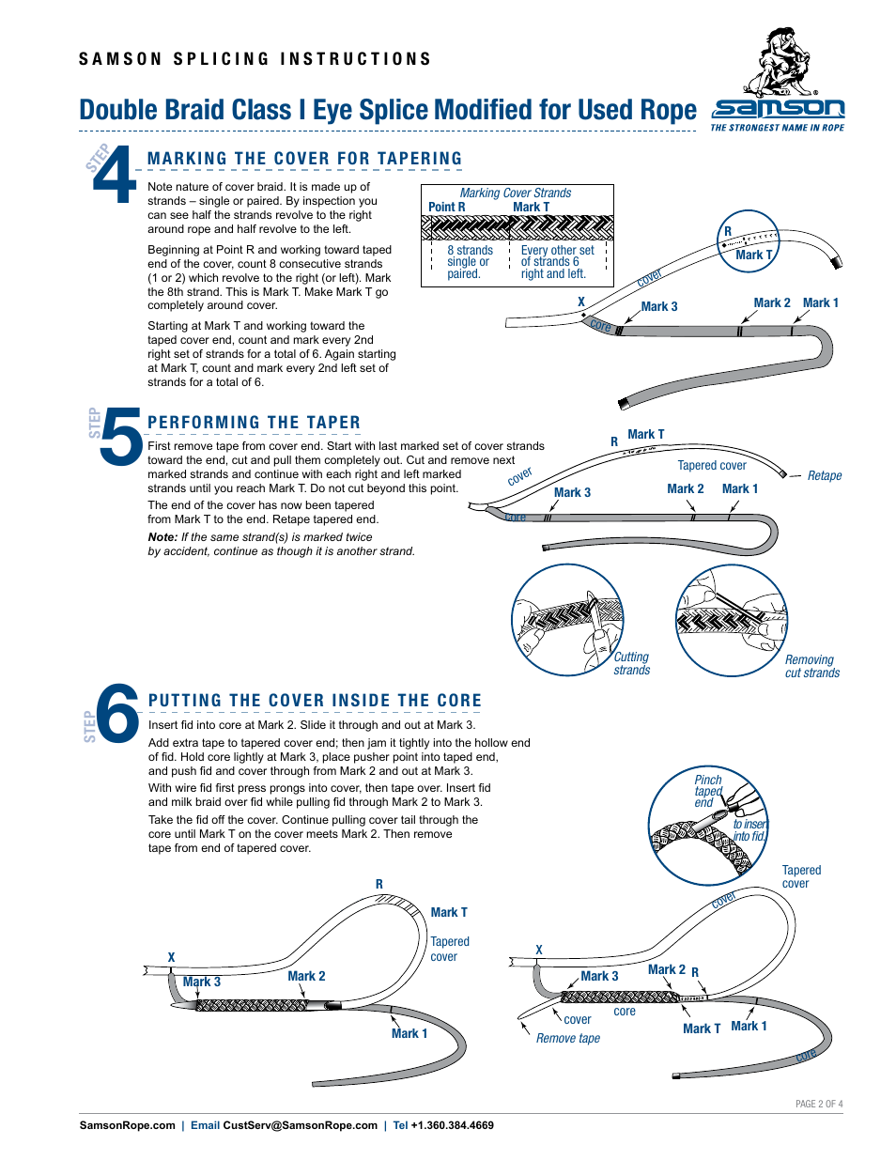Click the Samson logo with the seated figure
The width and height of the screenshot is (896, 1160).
778,81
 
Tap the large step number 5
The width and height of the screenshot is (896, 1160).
121,437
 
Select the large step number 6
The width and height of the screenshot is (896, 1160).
118,715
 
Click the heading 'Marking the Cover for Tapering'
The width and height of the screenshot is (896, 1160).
304,159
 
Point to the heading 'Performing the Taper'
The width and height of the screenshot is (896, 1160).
254,423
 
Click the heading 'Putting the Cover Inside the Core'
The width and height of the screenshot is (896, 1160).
315,701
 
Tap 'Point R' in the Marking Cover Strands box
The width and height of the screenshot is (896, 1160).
446,207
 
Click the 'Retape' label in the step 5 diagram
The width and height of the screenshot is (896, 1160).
824,476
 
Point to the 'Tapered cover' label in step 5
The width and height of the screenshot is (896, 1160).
712,465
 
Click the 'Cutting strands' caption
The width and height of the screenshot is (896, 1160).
631,664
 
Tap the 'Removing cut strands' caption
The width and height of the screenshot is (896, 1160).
811,667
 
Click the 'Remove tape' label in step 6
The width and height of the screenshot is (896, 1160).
567,1038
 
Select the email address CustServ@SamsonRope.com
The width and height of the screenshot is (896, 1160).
300,1125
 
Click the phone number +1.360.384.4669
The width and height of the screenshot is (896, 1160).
452,1125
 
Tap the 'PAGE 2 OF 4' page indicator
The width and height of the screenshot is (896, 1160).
818,1104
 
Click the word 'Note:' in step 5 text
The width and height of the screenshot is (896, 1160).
162,537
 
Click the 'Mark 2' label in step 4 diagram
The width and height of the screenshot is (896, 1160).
771,302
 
